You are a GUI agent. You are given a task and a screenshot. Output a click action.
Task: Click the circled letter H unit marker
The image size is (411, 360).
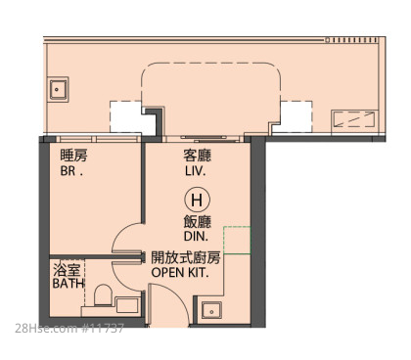(197, 200)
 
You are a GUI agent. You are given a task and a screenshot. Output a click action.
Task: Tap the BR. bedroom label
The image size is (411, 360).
(71, 171)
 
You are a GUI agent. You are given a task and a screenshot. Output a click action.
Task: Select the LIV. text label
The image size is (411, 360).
(196, 171)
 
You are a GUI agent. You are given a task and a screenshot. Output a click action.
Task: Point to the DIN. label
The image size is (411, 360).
(196, 237)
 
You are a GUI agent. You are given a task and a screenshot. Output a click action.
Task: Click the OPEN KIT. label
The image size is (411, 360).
(180, 272)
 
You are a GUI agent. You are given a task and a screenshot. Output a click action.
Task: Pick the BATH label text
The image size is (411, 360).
(68, 284)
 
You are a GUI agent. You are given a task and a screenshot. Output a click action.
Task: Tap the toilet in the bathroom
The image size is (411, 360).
(103, 294)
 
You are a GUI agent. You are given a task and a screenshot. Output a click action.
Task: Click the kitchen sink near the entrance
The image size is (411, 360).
(211, 310)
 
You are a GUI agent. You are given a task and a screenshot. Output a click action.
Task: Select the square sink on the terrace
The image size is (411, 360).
(58, 89)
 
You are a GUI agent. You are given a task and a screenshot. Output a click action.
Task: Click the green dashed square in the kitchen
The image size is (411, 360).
(237, 240)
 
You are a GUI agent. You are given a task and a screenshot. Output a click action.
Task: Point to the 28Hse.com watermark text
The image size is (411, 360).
(69, 328)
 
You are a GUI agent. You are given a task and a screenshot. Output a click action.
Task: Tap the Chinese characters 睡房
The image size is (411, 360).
(73, 156)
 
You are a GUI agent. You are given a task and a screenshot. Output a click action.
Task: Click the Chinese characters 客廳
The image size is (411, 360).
(197, 156)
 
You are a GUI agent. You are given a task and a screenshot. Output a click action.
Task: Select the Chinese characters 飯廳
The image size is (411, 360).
(197, 222)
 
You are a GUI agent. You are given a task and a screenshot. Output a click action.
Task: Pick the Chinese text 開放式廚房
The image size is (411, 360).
(186, 257)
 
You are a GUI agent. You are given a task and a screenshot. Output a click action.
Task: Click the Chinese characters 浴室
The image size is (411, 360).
(67, 269)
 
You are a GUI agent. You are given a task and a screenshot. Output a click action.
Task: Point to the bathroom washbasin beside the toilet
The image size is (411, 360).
(127, 305)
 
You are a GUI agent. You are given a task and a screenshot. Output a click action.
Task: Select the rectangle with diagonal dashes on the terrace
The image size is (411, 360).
(355, 119)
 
